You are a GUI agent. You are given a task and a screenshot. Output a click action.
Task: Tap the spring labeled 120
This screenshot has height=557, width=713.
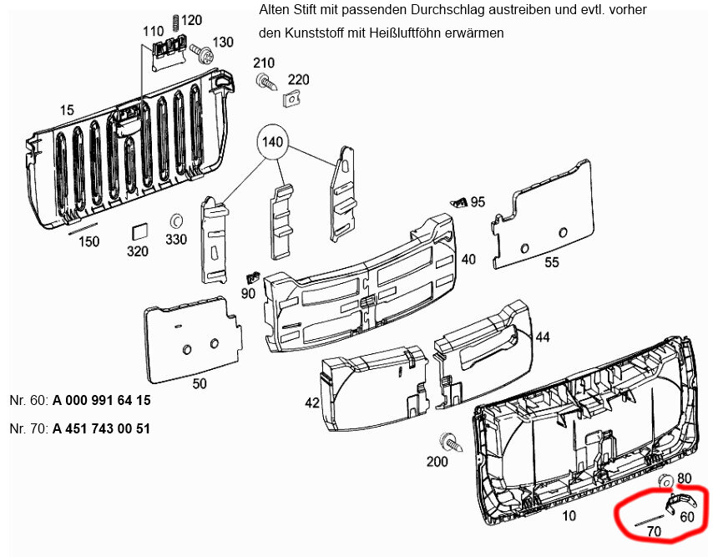(x=174, y=21)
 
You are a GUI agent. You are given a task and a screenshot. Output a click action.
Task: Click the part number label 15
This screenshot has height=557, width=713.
(x=67, y=110)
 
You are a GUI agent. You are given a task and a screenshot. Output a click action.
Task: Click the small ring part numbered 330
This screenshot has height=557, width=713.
(x=176, y=220)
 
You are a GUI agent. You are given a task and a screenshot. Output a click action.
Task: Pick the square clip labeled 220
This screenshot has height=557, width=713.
(x=292, y=100)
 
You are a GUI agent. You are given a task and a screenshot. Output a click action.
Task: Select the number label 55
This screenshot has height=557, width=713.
(x=551, y=262)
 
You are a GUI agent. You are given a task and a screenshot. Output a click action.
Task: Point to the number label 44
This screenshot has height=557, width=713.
(x=543, y=337)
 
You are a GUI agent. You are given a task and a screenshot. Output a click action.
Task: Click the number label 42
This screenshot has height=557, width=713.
(x=312, y=403)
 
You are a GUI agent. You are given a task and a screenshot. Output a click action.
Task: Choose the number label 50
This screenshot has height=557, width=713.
(x=200, y=383)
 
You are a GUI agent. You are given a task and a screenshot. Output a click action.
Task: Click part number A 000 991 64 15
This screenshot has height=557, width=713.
(x=102, y=400)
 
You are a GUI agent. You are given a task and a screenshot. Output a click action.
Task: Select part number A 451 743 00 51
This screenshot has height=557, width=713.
(x=102, y=429)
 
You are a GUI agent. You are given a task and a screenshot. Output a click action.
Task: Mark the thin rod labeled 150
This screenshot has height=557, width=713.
(x=83, y=226)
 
